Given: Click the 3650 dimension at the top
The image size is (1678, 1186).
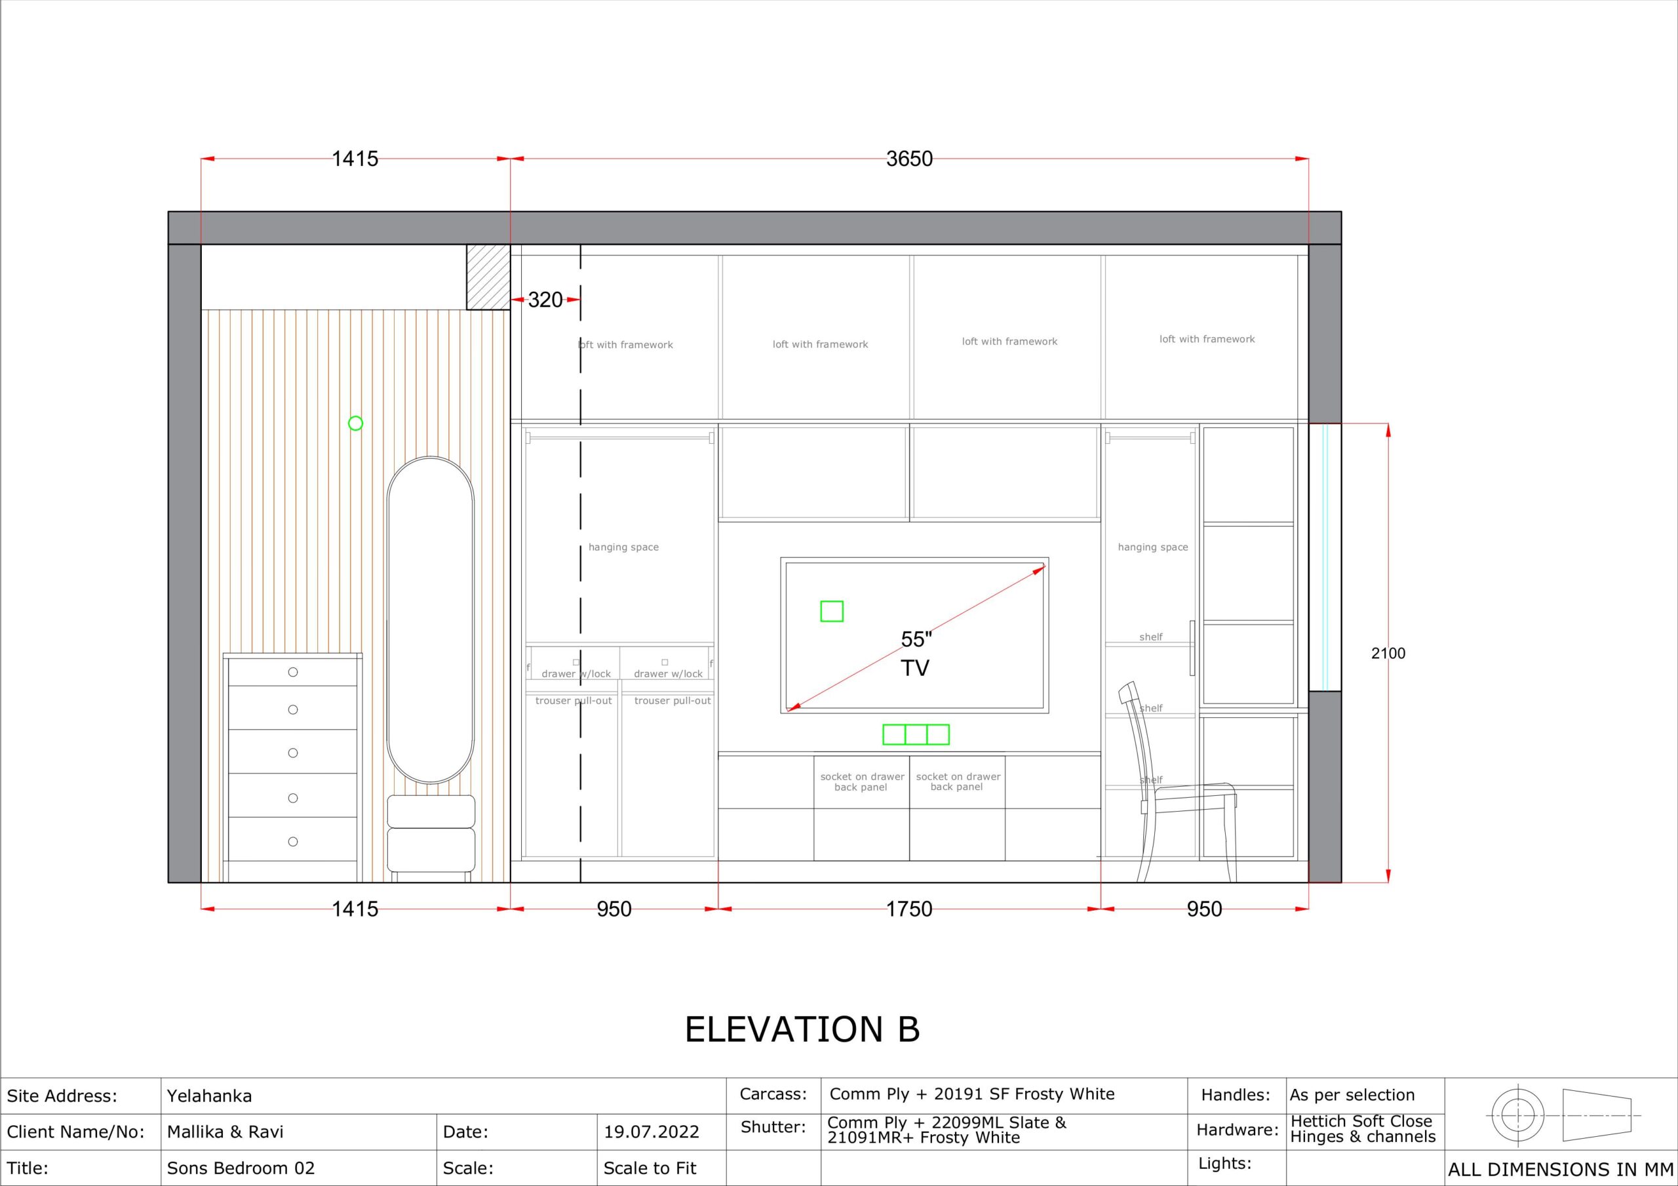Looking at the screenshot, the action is pyautogui.click(x=909, y=159).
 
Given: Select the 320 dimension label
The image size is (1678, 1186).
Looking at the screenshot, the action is pyautogui.click(x=545, y=300).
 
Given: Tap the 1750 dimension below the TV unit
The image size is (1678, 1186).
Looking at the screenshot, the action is pyautogui.click(x=909, y=909).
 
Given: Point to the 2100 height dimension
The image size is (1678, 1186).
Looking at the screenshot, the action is pyautogui.click(x=1388, y=654).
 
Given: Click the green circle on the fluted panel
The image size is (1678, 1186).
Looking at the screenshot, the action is pyautogui.click(x=355, y=423).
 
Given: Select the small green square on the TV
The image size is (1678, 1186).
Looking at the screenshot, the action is pyautogui.click(x=832, y=611).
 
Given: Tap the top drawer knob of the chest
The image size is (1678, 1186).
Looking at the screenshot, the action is pyautogui.click(x=293, y=672).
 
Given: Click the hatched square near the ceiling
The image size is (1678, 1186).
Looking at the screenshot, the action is pyautogui.click(x=488, y=277).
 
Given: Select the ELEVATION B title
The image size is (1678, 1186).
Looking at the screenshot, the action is pyautogui.click(x=802, y=1029).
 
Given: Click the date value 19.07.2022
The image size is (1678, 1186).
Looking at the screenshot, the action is pyautogui.click(x=651, y=1132).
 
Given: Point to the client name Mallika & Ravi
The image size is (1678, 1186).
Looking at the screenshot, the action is pyautogui.click(x=225, y=1132).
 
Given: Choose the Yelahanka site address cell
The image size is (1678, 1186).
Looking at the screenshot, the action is pyautogui.click(x=210, y=1096).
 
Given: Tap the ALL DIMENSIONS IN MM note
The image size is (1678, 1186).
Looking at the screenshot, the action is pyautogui.click(x=1560, y=1170).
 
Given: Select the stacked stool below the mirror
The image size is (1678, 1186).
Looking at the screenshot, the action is pyautogui.click(x=431, y=833).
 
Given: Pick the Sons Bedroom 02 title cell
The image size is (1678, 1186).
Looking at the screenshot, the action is pyautogui.click(x=241, y=1168).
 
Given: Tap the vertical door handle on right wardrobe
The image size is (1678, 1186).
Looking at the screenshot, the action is pyautogui.click(x=1192, y=648).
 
